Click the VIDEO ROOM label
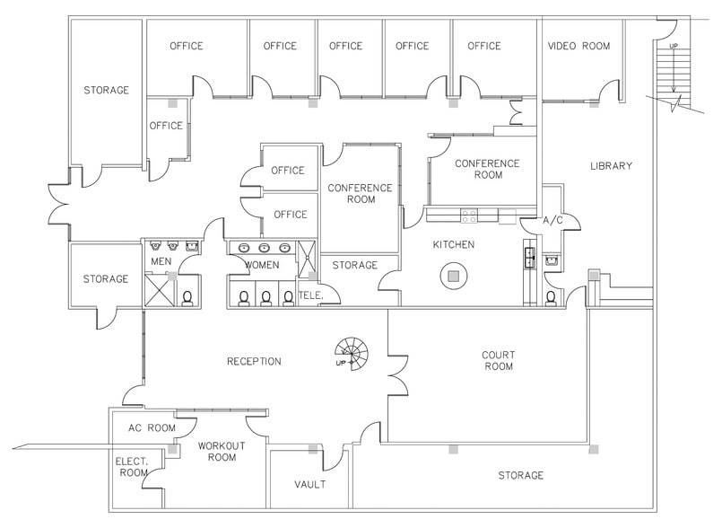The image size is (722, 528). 578,46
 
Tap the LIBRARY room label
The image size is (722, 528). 611,166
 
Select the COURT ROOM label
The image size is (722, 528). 498,361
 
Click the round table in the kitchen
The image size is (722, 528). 454,276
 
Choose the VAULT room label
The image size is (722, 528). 309,485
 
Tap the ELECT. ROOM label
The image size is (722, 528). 132,467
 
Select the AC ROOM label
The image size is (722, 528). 151,428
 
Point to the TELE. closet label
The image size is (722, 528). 310,294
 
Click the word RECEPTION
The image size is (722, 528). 254,362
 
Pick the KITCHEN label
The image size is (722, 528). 454,244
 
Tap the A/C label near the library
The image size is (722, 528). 552,220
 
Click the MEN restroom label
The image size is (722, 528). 161,262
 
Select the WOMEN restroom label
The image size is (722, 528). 262,265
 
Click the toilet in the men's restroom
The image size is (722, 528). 188,297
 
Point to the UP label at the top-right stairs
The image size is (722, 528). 673,45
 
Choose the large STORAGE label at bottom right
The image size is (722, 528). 520,475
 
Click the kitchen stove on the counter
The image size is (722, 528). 467,215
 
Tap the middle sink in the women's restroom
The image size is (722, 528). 264,248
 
